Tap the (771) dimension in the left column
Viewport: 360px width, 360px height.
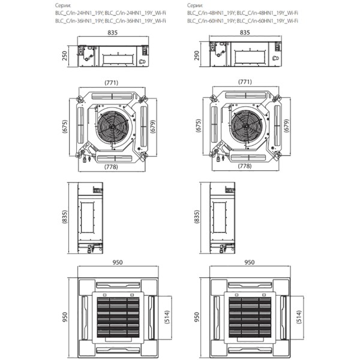click(x=112, y=82)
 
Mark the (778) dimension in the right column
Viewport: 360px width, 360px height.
click(x=244, y=166)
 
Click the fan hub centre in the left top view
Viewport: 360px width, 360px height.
click(x=111, y=125)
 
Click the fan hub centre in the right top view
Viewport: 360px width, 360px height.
click(x=243, y=125)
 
